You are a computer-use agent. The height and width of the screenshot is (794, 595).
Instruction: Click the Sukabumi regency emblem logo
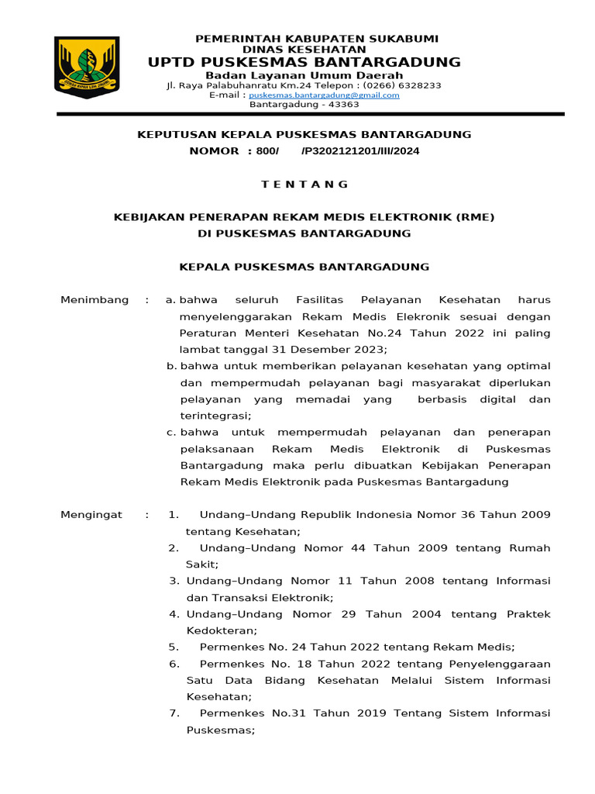tap(86, 67)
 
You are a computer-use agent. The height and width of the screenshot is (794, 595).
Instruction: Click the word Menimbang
tap(95, 300)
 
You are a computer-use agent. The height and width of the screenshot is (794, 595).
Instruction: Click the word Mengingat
tap(91, 515)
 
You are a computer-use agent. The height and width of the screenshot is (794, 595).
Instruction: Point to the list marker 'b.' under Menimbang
tap(171, 366)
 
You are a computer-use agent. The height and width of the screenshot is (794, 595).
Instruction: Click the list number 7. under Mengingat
tap(174, 713)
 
